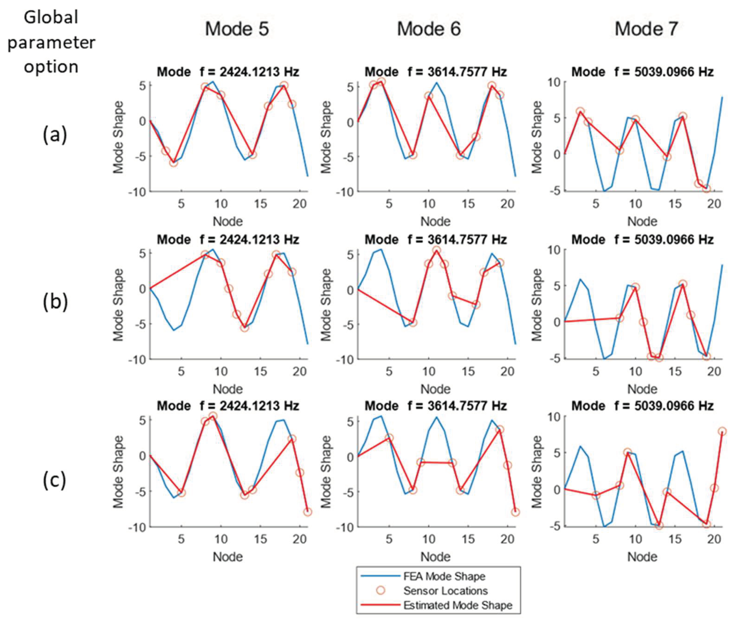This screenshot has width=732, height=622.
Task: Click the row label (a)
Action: click(x=55, y=135)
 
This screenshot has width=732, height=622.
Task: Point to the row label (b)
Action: click(x=55, y=303)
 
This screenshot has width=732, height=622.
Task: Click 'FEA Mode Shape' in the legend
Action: click(x=444, y=577)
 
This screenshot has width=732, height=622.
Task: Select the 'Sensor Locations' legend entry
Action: click(x=445, y=591)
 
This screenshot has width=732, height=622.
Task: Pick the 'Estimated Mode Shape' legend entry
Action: click(x=458, y=605)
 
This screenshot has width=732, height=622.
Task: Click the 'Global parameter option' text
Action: click(x=51, y=42)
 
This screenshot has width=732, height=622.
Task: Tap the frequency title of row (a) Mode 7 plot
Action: click(x=642, y=72)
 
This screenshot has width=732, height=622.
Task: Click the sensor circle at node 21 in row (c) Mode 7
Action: click(x=722, y=431)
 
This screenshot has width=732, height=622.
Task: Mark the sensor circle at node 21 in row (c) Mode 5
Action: click(x=307, y=512)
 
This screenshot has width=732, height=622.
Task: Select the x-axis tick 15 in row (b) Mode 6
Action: click(x=468, y=371)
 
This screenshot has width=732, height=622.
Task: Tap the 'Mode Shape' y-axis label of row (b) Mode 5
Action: click(x=118, y=305)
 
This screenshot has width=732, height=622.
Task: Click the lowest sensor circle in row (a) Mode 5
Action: click(x=173, y=163)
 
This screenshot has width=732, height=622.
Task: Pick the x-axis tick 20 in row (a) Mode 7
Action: click(x=714, y=204)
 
